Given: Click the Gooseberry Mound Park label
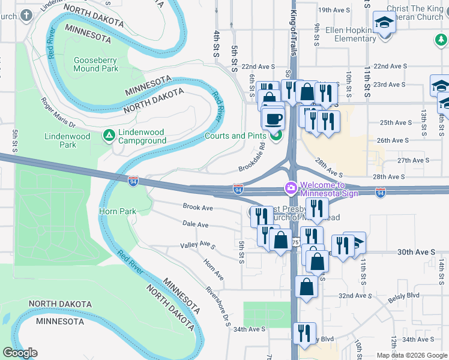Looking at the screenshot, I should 96,64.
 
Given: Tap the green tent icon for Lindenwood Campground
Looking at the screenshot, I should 109,135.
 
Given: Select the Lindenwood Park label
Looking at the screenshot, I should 67,140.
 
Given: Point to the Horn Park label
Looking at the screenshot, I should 118,211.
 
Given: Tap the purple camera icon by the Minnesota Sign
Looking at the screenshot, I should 291,189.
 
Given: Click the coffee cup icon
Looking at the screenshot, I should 274,118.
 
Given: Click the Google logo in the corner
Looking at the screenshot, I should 20,353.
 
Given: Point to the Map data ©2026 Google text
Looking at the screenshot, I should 411,355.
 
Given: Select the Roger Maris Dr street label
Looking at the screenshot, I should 58,113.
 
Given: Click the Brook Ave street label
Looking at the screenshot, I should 198,207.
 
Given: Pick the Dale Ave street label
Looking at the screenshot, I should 195,224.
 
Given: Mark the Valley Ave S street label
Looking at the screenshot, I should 198,245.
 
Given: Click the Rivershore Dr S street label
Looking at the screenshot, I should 218,305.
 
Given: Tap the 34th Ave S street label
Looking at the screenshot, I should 249,329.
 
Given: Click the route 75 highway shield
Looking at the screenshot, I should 296,242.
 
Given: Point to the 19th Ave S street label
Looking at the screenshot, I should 334,10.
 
